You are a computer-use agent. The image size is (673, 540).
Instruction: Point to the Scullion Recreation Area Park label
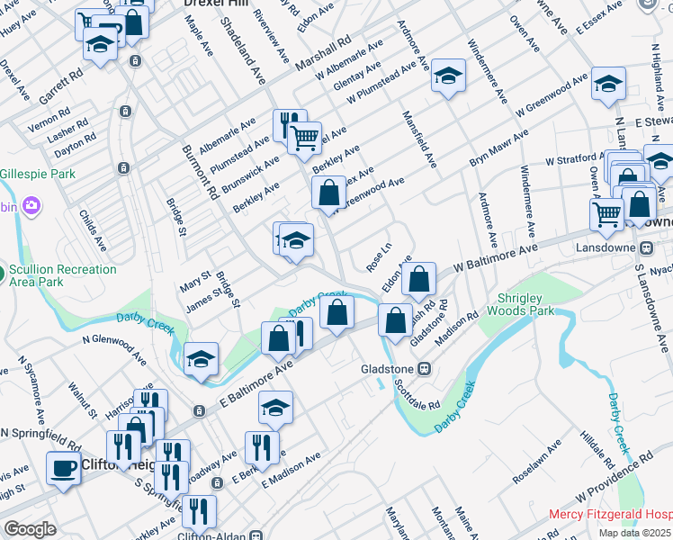[x=62, y=275]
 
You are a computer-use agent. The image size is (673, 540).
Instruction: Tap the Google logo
[x=30, y=529]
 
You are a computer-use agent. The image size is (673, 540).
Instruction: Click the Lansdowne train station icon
[x=646, y=247]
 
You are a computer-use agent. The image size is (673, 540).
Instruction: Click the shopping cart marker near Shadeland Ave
[x=305, y=136]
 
